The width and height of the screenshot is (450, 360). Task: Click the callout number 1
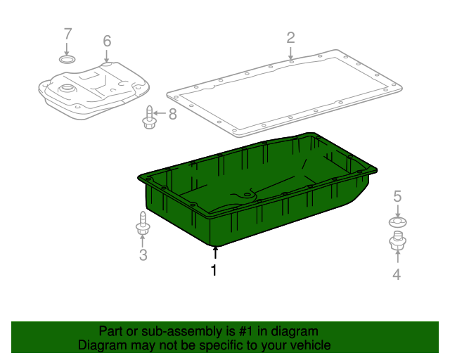pyautogui.click(x=214, y=270)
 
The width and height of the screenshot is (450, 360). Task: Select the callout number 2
pyautogui.click(x=290, y=37)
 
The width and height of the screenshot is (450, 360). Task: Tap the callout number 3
pyautogui.click(x=143, y=255)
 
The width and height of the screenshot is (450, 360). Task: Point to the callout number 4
pyautogui.click(x=397, y=275)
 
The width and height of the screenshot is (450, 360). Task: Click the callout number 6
pyautogui.click(x=107, y=41)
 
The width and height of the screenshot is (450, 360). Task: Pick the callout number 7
pyautogui.click(x=67, y=33)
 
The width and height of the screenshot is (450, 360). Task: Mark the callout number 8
pyautogui.click(x=172, y=113)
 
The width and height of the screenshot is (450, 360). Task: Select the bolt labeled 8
pyautogui.click(x=149, y=117)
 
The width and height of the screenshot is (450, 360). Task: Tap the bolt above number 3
pyautogui.click(x=142, y=224)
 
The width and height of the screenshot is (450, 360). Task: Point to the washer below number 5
pyautogui.click(x=397, y=223)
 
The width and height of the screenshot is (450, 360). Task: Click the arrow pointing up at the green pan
pyautogui.click(x=215, y=252)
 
